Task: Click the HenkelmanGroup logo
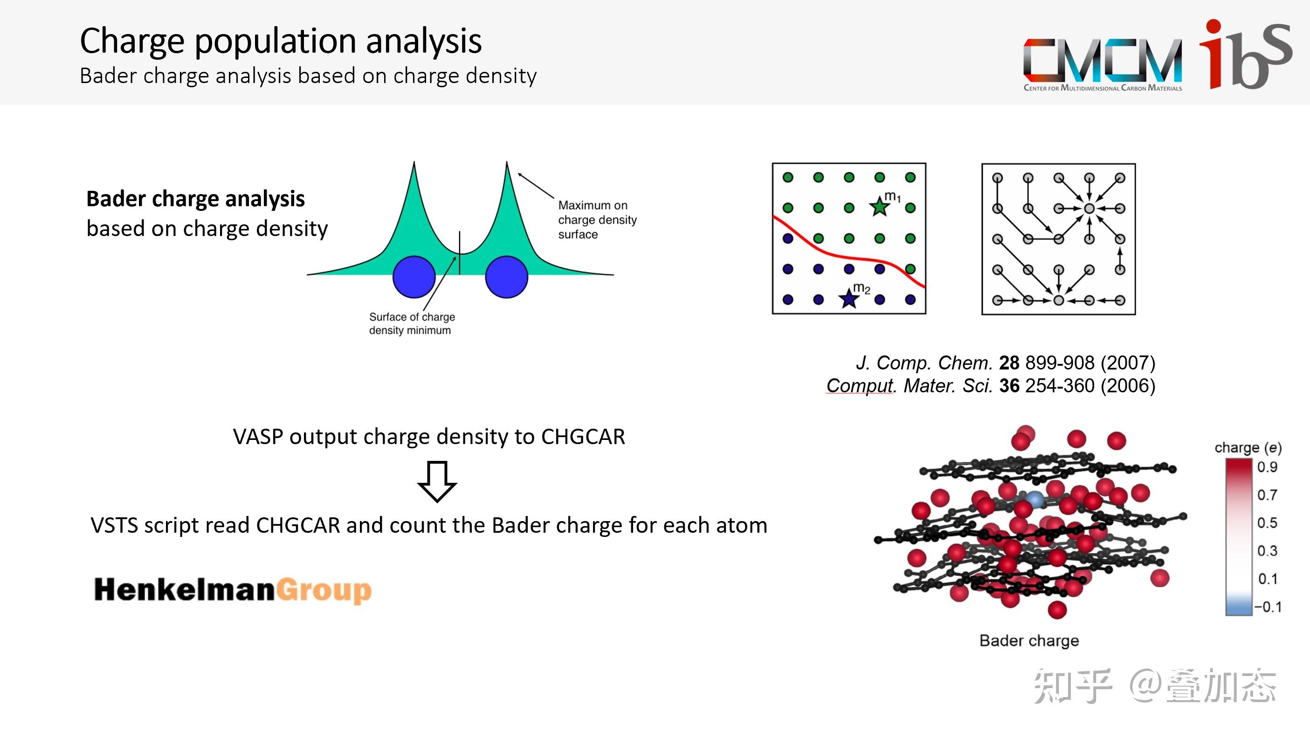[233, 590]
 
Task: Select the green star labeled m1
[879, 206]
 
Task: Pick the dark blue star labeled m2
[849, 298]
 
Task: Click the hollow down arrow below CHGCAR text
[437, 481]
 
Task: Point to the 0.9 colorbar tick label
[1267, 466]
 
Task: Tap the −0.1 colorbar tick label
[1268, 607]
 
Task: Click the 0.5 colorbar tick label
[1267, 522]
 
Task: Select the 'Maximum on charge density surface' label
[597, 220]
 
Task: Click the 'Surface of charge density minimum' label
[412, 324]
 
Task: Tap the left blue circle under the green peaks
[414, 277]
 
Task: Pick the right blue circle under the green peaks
[506, 277]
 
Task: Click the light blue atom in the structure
[1034, 499]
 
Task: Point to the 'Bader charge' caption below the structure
[1029, 641]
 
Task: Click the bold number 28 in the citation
[1009, 363]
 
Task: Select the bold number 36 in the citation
[1009, 386]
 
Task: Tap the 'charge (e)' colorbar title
[1248, 447]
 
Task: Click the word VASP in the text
[258, 437]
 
